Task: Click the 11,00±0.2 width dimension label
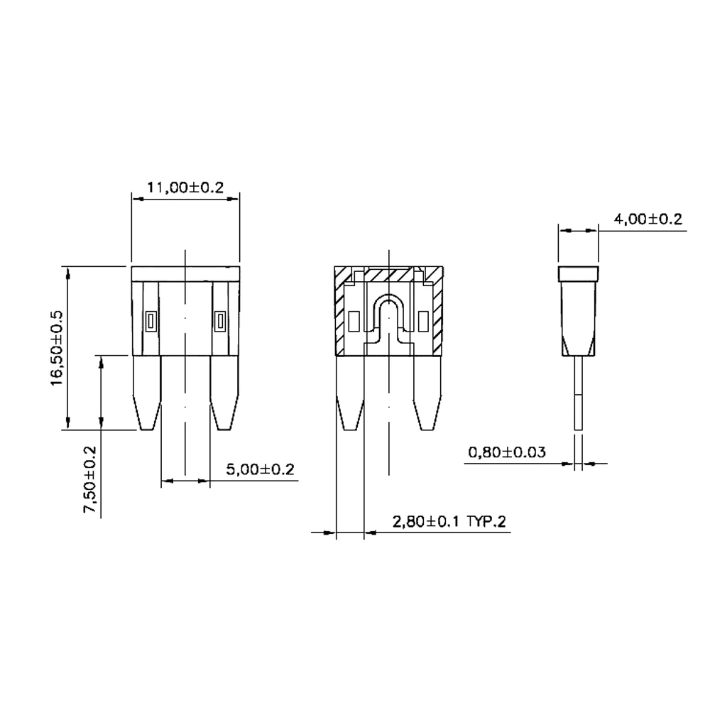[x=185, y=187]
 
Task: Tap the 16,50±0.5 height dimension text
[x=57, y=348]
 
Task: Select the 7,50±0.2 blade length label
[x=89, y=480]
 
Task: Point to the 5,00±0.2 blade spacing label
[x=261, y=469]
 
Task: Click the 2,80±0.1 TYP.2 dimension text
[x=449, y=522]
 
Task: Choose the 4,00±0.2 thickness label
[x=648, y=219]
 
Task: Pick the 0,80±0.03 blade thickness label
[x=507, y=452]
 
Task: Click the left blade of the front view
[x=147, y=393]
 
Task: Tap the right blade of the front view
[x=224, y=393]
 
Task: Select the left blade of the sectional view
[x=350, y=393]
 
